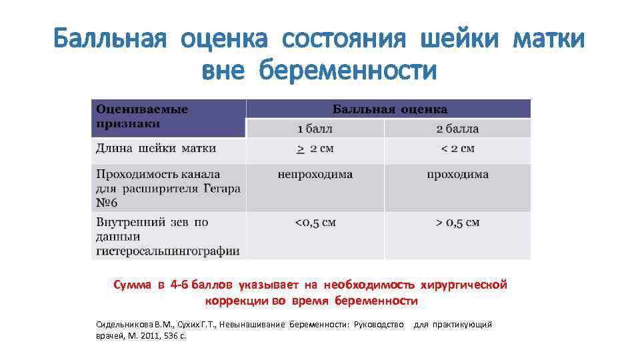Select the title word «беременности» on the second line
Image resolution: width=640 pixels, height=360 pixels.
349,69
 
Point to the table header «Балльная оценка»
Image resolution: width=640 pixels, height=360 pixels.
390,109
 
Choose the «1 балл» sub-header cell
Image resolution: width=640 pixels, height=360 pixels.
315,129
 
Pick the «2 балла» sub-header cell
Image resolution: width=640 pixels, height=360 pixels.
457,129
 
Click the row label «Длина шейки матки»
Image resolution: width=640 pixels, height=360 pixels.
156,148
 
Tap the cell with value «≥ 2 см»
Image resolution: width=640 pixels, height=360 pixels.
315,149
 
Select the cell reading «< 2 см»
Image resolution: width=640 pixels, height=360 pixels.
457,149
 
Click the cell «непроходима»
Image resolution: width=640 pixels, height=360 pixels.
315,175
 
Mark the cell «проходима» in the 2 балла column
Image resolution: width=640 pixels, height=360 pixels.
457,175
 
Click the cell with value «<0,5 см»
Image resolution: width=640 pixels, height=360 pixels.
315,222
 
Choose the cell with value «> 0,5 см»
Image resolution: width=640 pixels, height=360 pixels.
457,222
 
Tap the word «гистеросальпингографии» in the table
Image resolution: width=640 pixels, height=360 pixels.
167,251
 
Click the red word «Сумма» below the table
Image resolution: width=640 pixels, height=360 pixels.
133,285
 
